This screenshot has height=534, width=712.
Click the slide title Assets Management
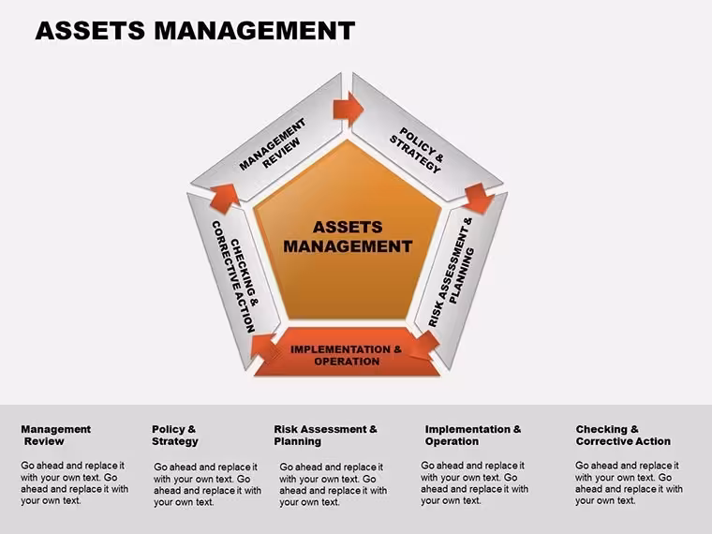tap(195, 30)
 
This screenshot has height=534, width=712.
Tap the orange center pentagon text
tap(348, 237)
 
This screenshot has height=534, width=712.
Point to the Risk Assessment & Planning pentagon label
tap(452, 272)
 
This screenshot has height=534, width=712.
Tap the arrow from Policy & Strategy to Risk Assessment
tap(479, 198)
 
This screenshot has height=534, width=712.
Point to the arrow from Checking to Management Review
tap(224, 198)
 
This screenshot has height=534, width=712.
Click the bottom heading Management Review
tap(55, 435)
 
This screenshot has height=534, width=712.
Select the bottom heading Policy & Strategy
tap(175, 435)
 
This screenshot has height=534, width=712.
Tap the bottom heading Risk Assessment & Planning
tap(325, 435)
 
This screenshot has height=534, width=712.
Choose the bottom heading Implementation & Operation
tap(473, 435)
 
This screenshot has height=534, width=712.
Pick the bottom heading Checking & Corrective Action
tap(623, 435)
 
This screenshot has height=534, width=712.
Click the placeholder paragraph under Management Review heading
tap(74, 483)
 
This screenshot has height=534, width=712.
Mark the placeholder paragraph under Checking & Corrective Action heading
tap(629, 483)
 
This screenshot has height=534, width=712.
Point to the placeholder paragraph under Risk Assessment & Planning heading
tap(333, 484)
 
